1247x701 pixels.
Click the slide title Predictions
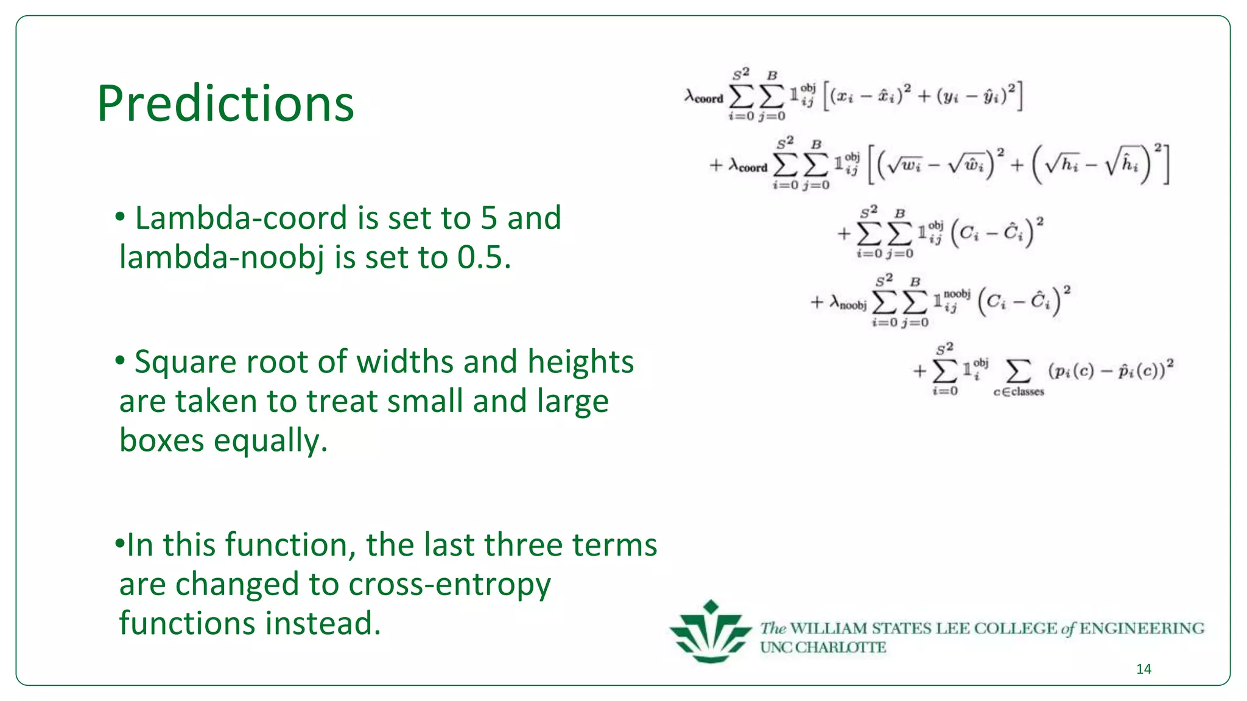click(x=225, y=103)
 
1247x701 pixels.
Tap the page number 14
click(x=1143, y=669)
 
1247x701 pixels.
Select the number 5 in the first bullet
click(x=489, y=218)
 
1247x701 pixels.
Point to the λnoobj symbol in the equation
click(x=847, y=302)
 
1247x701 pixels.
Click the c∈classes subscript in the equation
click(x=1019, y=392)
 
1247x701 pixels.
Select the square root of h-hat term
click(x=1122, y=165)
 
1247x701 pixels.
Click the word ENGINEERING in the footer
click(x=1142, y=628)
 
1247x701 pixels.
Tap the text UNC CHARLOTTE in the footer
click(x=823, y=647)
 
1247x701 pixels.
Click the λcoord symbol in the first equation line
click(x=704, y=97)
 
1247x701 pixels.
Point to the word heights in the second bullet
click(x=580, y=363)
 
